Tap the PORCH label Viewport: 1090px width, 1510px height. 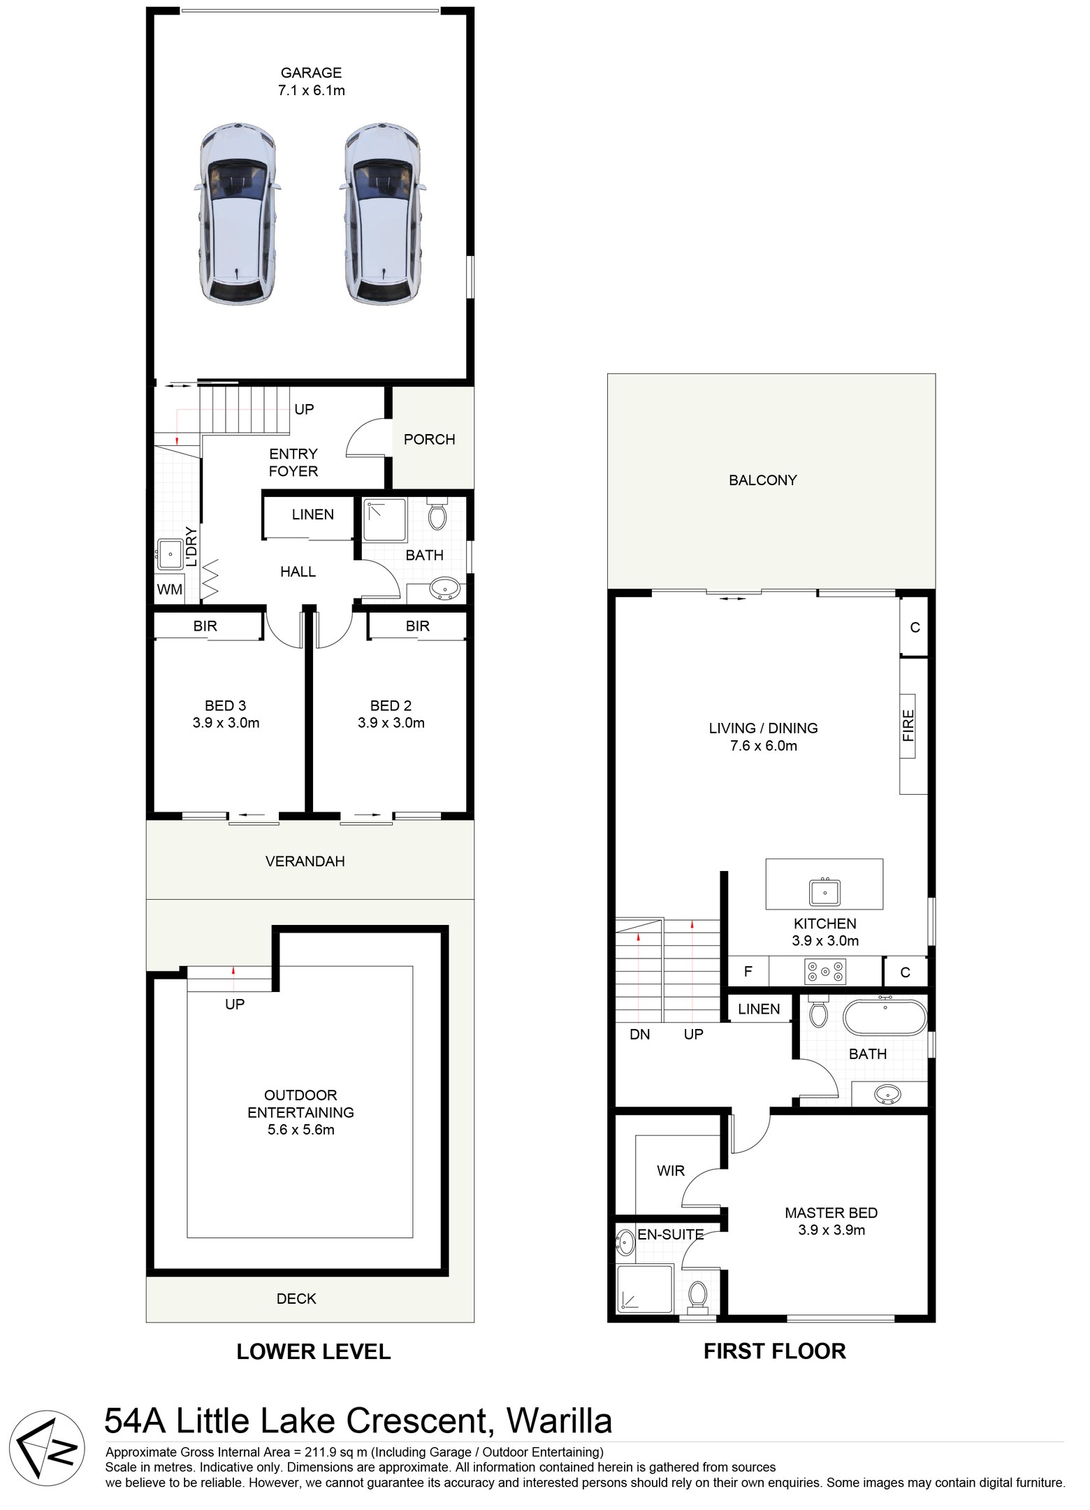pos(429,439)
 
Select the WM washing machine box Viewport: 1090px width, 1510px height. pos(170,589)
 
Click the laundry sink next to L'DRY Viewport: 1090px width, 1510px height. pos(169,554)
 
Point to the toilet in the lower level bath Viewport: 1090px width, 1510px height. pos(437,515)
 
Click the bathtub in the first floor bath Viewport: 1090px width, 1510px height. pos(885,1018)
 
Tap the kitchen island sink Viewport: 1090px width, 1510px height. pos(824,892)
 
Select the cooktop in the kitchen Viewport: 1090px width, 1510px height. pos(825,971)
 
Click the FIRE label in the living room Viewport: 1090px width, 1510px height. pos(908,725)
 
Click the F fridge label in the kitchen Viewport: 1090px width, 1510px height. pos(748,971)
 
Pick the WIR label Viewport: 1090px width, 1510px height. pos(671,1170)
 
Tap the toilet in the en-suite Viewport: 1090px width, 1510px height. pos(697,1293)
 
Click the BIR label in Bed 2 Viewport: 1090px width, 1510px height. pos(417,626)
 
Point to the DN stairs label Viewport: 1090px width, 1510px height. pos(639,1034)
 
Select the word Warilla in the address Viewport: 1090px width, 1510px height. pos(559,1420)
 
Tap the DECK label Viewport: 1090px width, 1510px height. pos(296,1298)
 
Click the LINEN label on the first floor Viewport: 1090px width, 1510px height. pos(759,1009)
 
